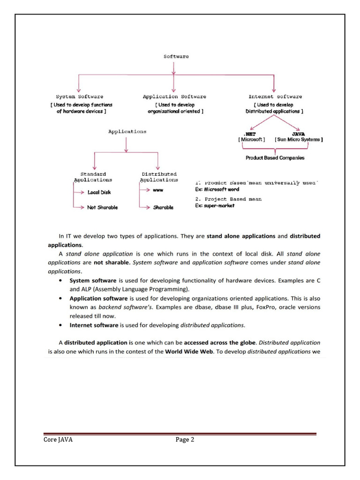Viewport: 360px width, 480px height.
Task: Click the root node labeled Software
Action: (x=176, y=56)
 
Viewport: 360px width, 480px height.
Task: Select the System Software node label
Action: (x=79, y=97)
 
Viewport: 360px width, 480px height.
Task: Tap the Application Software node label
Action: (x=174, y=97)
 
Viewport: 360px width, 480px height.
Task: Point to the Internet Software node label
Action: (x=275, y=97)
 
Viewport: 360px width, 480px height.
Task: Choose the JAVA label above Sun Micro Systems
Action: (x=299, y=134)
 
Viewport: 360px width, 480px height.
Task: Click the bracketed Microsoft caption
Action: (x=252, y=140)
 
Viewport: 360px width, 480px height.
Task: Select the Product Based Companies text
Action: (x=275, y=158)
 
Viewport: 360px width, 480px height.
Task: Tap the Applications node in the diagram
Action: (x=127, y=132)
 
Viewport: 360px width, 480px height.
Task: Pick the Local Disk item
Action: (x=99, y=192)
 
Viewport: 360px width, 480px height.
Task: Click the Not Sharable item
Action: (x=102, y=207)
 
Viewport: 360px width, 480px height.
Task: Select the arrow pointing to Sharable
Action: (x=145, y=207)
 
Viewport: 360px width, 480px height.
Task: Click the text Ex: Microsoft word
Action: (x=217, y=189)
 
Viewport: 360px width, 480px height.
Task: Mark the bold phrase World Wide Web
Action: (x=189, y=351)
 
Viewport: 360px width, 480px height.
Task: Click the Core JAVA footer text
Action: (x=56, y=440)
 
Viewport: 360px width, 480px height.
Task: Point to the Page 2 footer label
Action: (x=185, y=440)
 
